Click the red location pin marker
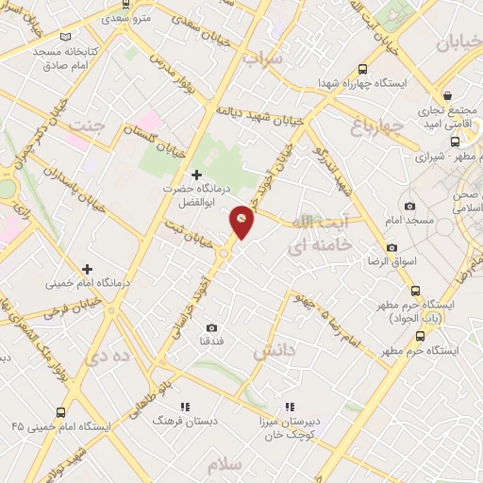242,221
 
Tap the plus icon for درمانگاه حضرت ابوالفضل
196,175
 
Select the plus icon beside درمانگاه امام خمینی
87,269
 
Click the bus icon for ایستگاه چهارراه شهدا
362,69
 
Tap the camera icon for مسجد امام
408,207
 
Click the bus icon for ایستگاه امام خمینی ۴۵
61,412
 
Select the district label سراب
263,58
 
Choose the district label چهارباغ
376,125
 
